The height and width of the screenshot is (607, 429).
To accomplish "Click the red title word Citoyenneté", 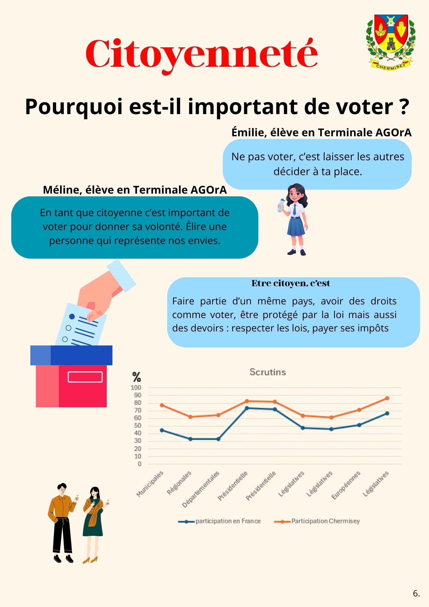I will [201, 54].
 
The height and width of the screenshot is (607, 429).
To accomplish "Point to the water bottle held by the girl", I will [281, 205].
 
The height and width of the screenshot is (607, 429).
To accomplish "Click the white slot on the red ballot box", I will [85, 377].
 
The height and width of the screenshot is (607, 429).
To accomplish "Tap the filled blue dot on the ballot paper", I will [72, 317].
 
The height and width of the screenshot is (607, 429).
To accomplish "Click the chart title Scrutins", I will [268, 372].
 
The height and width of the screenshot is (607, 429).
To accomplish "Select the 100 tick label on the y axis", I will [136, 388].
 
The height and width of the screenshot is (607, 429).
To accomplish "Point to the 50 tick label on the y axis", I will [137, 426].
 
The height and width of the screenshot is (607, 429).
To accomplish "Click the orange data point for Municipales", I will [162, 405].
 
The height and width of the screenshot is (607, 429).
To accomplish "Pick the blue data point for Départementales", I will [218, 439].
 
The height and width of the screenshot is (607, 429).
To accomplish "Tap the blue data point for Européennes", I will [359, 425].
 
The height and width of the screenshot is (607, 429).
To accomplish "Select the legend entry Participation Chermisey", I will [325, 521].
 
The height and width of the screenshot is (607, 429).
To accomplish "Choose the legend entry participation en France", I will [228, 521].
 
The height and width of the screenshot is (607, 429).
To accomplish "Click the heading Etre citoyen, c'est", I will [291, 283].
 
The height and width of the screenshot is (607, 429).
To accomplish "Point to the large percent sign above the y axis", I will [137, 377].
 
